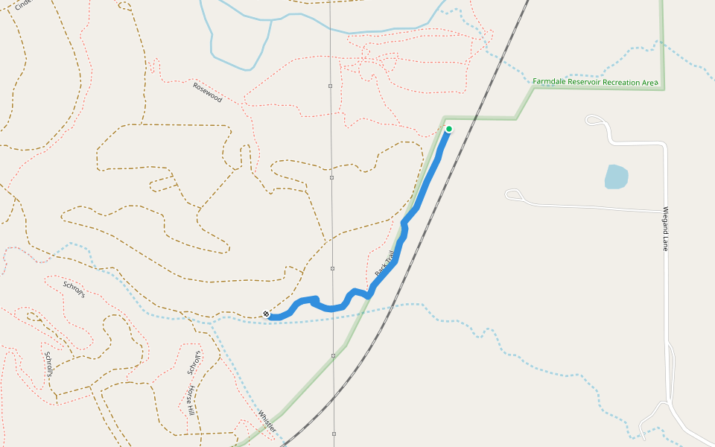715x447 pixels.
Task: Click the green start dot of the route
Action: point(449,129)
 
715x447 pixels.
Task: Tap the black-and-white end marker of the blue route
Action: point(266,314)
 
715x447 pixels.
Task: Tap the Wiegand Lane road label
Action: point(666,229)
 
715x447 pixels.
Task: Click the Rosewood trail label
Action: point(208,92)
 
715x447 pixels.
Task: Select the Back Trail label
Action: point(384,265)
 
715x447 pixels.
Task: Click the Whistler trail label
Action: point(267,420)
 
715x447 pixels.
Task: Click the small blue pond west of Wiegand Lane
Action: point(616,177)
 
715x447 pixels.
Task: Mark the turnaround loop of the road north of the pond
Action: point(594,119)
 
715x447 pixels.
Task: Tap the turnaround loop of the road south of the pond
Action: point(513,194)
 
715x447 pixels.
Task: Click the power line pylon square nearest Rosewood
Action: point(330,86)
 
